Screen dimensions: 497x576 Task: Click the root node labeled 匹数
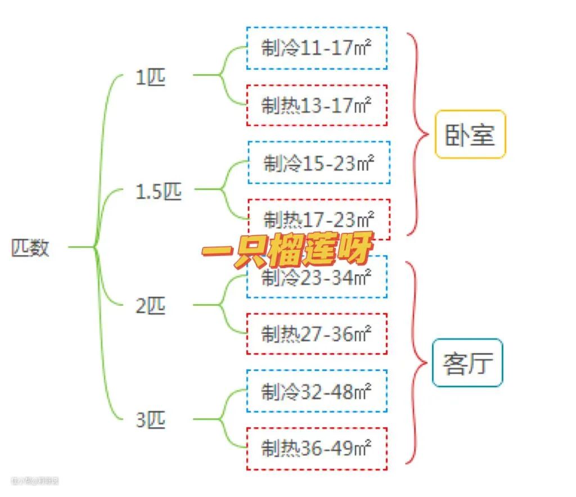[30, 247]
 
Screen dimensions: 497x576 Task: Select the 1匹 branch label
[151, 77]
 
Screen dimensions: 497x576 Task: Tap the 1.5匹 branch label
[159, 192]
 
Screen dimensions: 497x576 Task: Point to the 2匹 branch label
[151, 306]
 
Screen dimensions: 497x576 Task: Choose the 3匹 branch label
[151, 420]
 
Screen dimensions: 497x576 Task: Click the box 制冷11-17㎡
[317, 48]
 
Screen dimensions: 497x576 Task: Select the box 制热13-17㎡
[317, 105]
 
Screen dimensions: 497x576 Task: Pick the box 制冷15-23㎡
[319, 163]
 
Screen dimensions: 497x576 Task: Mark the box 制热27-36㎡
[317, 334]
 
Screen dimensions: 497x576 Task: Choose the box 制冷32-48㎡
[317, 391]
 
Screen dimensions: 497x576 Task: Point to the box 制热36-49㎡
[317, 449]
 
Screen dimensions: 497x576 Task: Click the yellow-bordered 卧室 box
[470, 134]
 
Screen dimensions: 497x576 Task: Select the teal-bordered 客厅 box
[467, 363]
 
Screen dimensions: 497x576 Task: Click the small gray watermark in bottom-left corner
[35, 481]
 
